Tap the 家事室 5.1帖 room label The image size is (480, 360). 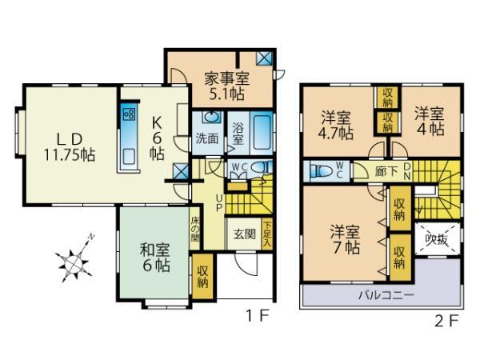coord(226,86)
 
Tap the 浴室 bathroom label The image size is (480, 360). coord(238,134)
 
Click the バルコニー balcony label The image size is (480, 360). coord(379,295)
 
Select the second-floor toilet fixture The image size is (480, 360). coord(321,170)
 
